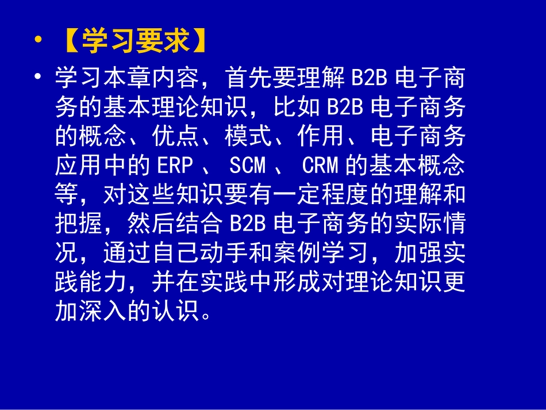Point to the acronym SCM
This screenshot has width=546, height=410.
(x=248, y=166)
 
